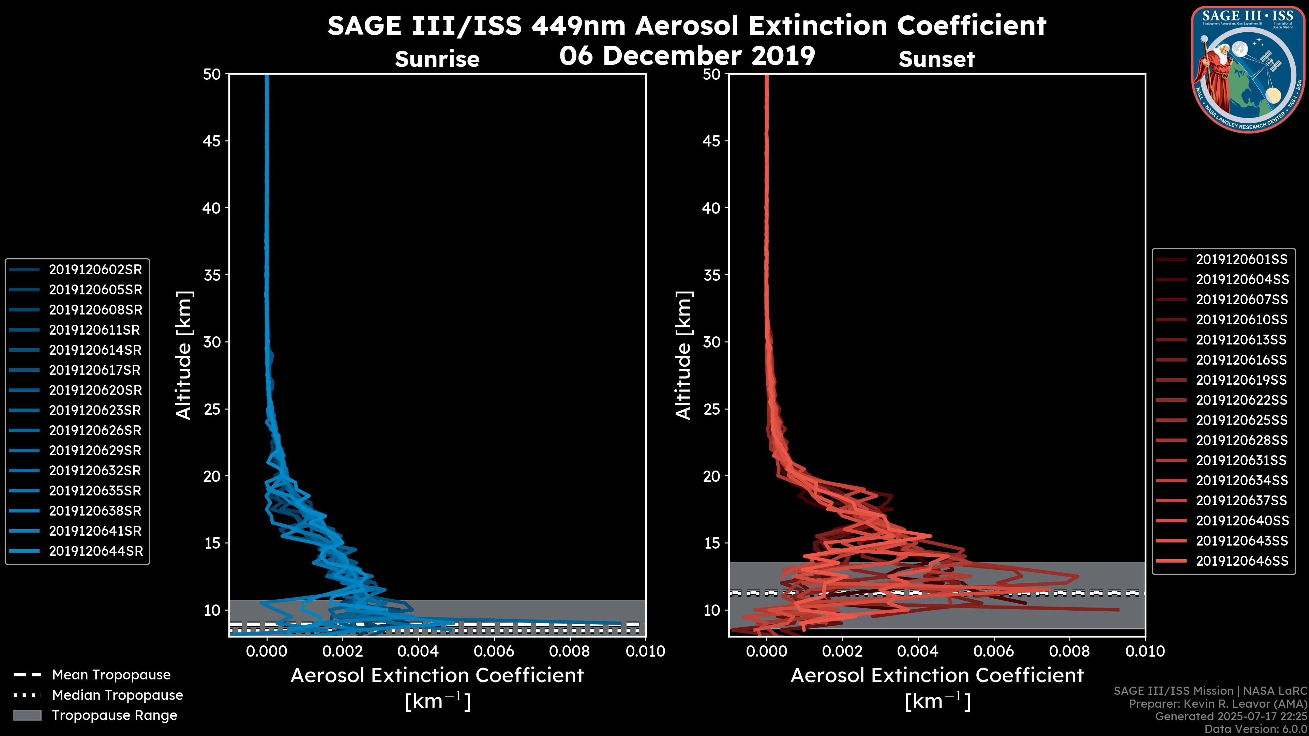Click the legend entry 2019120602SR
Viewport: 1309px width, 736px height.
95,270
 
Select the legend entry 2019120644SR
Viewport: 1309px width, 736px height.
95,551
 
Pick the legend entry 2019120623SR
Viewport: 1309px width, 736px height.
95,410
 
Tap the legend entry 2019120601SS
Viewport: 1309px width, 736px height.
1242,260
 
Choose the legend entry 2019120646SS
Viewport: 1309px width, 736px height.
1242,561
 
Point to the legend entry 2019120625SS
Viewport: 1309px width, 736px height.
1242,420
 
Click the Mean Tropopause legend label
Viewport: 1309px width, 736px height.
111,675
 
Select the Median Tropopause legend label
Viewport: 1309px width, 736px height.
117,695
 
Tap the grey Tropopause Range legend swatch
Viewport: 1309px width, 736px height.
27,715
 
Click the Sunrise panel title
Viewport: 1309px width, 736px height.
437,59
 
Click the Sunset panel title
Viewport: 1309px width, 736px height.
936,59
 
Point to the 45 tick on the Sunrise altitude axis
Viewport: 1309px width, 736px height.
212,141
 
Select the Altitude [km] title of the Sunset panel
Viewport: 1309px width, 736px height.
683,355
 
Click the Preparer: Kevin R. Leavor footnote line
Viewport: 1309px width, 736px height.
1218,704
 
